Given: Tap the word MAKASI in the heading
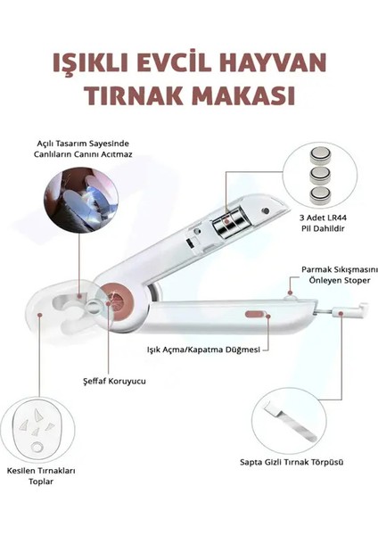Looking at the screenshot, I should point(244,95).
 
